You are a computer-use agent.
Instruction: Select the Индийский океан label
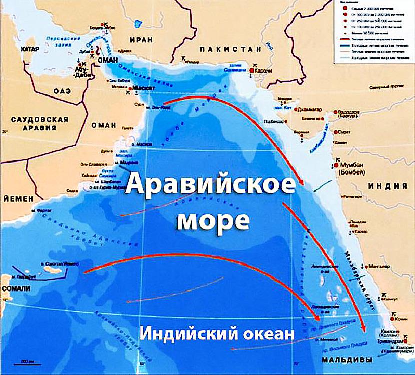216,333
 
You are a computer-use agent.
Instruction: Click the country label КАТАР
30,50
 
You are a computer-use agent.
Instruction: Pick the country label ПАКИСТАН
230,49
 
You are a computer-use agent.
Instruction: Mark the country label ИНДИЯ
388,186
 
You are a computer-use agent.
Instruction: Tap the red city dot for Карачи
252,71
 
